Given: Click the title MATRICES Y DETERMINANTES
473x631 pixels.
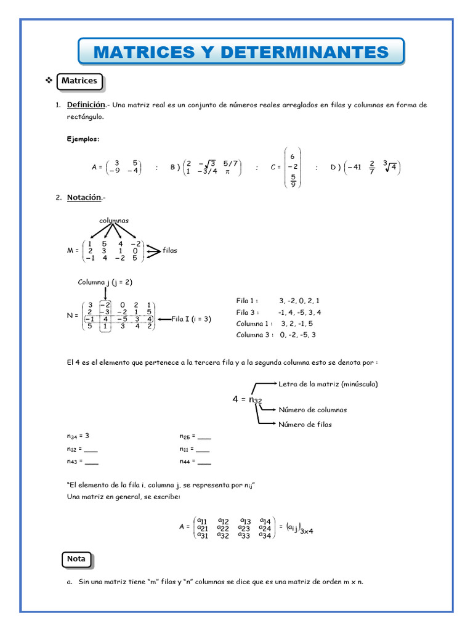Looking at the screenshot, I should coord(241,52).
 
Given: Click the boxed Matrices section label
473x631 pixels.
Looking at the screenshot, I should coord(79,81).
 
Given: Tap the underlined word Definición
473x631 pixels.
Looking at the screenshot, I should coord(86,105).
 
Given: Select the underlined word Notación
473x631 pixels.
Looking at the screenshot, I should coord(84,197).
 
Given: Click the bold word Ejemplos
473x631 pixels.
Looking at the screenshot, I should coord(83,139).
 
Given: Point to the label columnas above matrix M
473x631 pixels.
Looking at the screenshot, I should coord(114,220).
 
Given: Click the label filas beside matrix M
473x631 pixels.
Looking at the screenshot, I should coord(170,250).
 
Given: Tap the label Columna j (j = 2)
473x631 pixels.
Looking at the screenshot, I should coord(105,282).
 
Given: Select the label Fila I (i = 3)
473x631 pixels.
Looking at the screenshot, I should coord(191,319).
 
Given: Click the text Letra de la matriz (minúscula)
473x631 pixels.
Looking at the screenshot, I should coord(328,384).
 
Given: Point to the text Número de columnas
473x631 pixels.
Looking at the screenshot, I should coord(312,410).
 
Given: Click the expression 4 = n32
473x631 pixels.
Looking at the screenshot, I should coord(247,400).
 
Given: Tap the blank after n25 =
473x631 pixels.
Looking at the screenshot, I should coord(204,436).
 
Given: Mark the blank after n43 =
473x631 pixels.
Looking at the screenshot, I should coord(91,462).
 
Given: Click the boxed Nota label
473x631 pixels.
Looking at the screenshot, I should coord(76,559).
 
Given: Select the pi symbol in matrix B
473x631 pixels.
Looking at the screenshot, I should coord(227,172).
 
